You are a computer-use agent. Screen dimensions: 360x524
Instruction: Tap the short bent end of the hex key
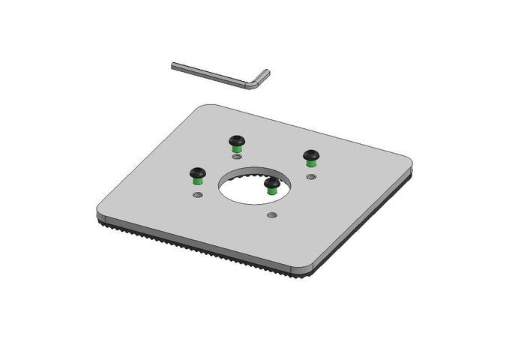[x=262, y=77]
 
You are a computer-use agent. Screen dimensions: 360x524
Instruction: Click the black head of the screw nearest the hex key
[x=237, y=139]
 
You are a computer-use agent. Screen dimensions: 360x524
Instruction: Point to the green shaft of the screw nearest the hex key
[x=237, y=148]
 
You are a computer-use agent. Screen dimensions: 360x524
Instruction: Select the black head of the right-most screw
[x=310, y=155]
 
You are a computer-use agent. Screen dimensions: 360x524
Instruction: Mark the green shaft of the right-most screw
[x=310, y=164]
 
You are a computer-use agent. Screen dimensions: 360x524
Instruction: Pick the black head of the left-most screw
[x=197, y=172]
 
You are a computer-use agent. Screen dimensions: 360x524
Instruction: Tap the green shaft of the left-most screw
[x=197, y=181]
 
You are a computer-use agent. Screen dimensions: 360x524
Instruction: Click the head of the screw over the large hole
[x=271, y=182]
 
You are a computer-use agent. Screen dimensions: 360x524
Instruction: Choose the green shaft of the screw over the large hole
[x=271, y=191]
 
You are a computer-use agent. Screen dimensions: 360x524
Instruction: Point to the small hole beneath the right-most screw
[x=311, y=176]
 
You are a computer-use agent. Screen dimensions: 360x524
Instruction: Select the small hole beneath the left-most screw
[x=197, y=194]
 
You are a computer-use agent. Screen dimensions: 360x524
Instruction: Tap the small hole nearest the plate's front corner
[x=272, y=215]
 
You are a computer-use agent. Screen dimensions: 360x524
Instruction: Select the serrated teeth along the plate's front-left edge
[x=195, y=247]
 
